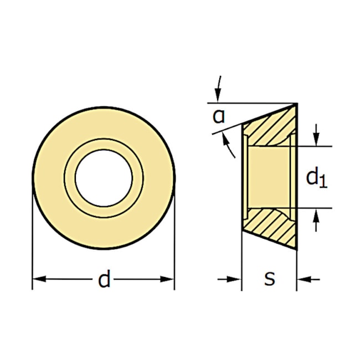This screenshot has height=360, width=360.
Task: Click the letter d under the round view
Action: coord(104,280)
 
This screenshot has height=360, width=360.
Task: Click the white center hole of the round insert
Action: coord(104,178)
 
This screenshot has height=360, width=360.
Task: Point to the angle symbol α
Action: coord(219,116)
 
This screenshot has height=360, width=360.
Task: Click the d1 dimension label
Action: coord(316,178)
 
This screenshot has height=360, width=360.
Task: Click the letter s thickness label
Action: coord(269,279)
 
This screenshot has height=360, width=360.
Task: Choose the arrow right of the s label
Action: coord(308,280)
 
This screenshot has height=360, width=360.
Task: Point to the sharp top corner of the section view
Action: coord(296,104)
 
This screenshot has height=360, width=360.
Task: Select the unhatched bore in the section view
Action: coord(269,177)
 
